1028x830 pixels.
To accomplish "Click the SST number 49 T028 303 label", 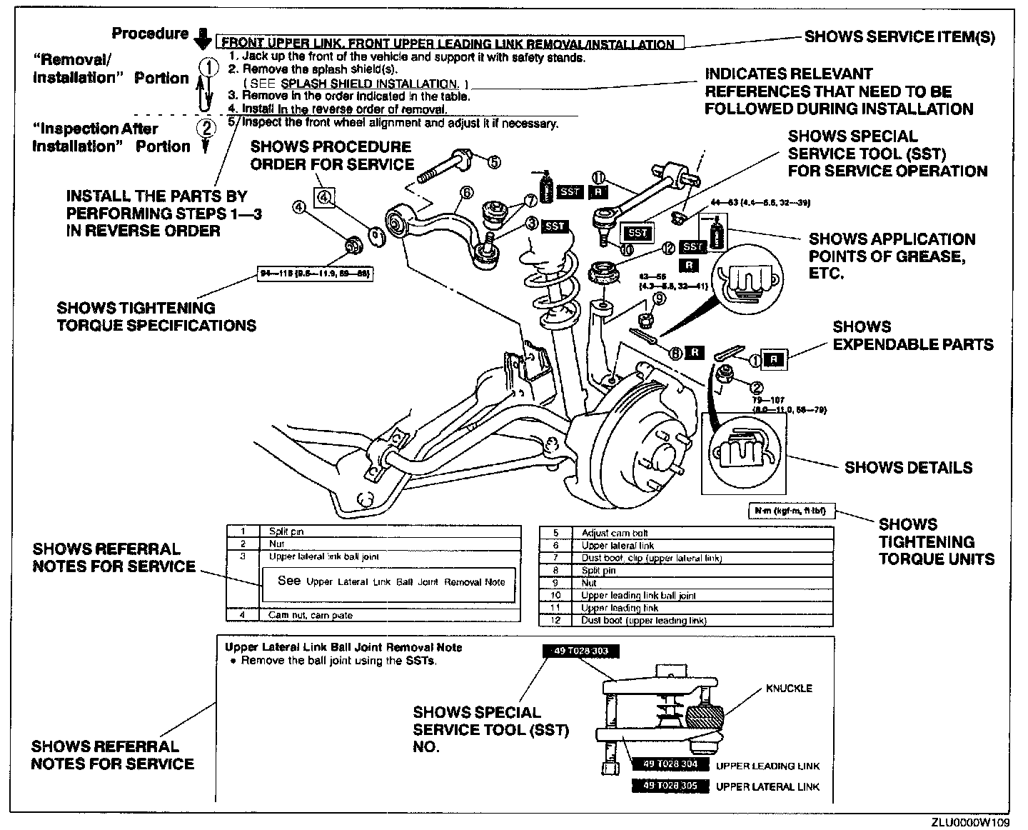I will [580, 651].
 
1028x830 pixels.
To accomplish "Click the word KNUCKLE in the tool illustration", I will [789, 689].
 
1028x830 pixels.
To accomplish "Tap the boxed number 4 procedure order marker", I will [326, 197].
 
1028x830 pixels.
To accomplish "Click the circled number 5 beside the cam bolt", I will [493, 162].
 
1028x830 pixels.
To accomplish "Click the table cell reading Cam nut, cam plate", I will [310, 615].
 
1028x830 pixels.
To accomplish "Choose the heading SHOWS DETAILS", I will [908, 468].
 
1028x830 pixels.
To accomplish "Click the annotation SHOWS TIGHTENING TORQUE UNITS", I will [936, 541].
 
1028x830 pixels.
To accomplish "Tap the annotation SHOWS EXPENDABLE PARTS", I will [912, 336].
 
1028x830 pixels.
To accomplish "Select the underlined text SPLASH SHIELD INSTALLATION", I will [369, 84].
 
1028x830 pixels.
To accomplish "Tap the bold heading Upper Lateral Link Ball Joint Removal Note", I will [343, 647].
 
